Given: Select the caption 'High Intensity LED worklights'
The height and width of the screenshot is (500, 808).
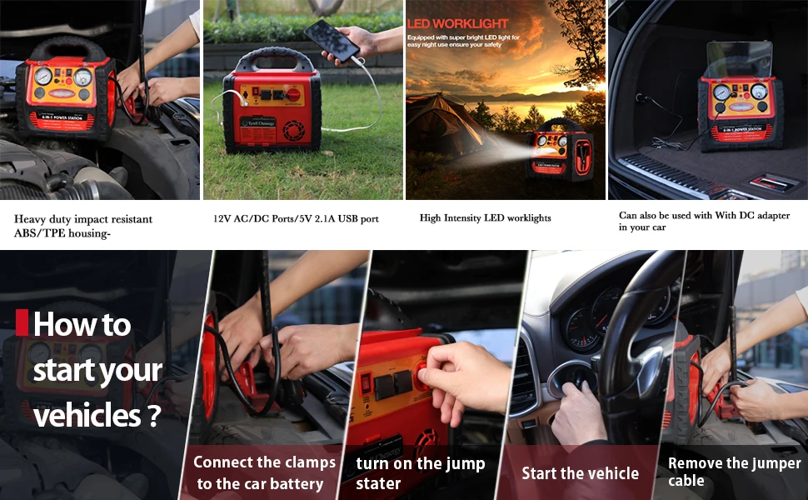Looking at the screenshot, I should point(485,218).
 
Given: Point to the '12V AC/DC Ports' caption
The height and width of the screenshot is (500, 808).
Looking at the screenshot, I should point(296,219).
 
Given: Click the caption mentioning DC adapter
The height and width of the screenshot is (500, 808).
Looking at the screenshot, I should point(704,221).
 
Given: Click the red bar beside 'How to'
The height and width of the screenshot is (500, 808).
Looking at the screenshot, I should point(22,322).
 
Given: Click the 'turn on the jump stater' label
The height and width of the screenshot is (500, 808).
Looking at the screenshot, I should point(420,473).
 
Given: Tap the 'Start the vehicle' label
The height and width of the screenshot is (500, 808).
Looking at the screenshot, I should point(580,473).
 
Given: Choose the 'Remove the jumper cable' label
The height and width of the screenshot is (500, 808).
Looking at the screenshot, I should point(734,472).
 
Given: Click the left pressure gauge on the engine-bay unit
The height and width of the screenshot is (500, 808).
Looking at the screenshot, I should point(43,77).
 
